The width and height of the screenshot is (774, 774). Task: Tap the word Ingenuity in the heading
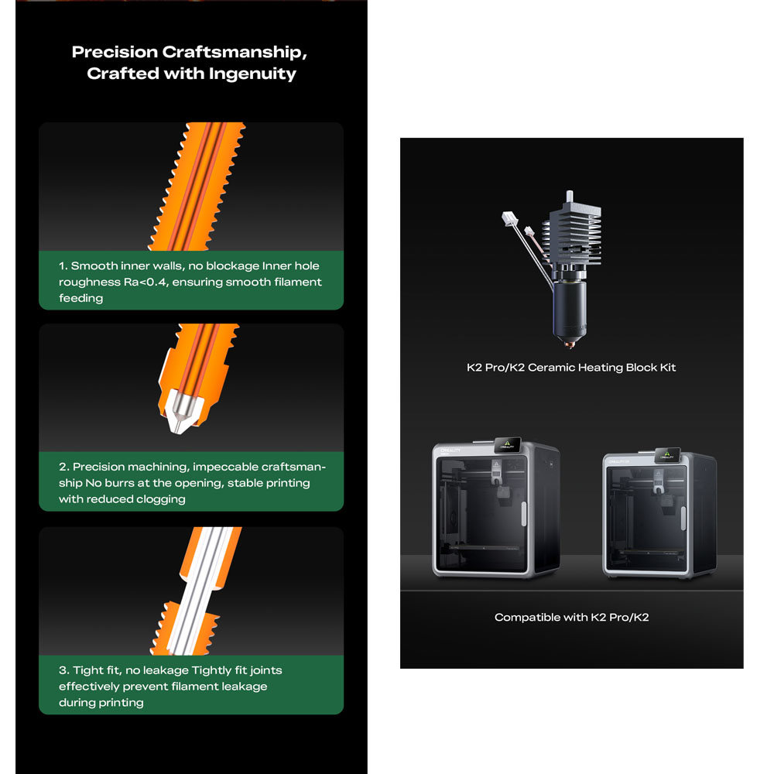[252, 74]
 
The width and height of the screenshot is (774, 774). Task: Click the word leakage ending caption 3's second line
[244, 687]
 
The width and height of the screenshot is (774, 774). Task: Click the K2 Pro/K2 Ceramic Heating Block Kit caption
[571, 367]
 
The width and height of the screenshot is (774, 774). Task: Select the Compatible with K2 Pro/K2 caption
[572, 617]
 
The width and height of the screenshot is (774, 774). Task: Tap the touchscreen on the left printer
[508, 445]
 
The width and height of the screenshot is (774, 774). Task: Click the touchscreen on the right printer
[667, 454]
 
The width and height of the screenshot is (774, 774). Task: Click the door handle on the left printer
[524, 513]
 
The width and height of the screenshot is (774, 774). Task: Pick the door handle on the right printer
[683, 519]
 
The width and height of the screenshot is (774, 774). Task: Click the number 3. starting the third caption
[64, 670]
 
